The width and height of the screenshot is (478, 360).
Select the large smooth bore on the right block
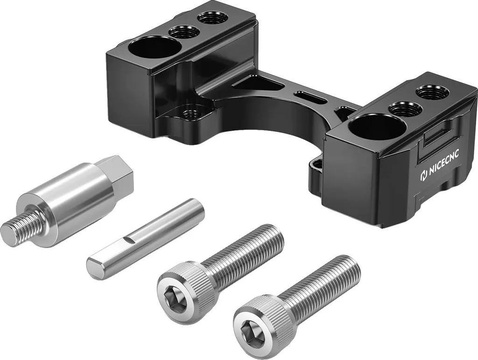point(372,126)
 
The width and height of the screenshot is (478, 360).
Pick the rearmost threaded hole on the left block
point(212,18)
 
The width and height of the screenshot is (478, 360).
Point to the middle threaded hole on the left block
point(184,31)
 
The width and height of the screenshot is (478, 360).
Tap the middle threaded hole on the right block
point(405,107)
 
